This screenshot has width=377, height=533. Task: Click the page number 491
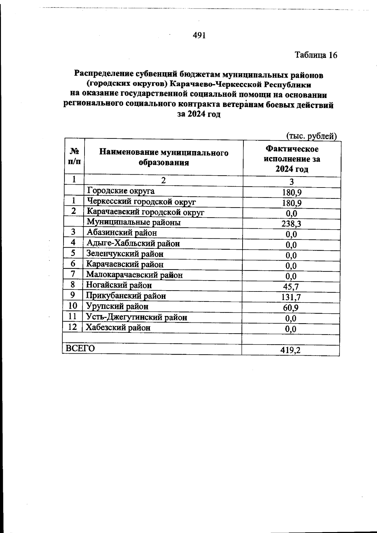[x=199, y=35]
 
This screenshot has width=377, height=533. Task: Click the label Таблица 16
[x=316, y=55]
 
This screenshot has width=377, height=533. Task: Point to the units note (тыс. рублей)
[x=311, y=136]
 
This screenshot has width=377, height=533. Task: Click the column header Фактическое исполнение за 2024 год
[x=292, y=159]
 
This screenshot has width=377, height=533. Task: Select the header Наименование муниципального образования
[x=164, y=158]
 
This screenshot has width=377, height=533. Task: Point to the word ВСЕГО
[x=80, y=348]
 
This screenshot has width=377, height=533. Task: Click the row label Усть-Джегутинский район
[x=137, y=317]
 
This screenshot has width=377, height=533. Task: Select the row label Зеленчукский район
[x=125, y=254]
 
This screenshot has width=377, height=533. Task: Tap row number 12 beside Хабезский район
[x=73, y=327]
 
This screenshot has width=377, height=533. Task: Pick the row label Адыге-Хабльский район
[x=133, y=243]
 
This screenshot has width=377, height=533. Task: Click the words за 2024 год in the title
[x=199, y=114]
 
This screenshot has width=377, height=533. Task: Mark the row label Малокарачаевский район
[x=134, y=275]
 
